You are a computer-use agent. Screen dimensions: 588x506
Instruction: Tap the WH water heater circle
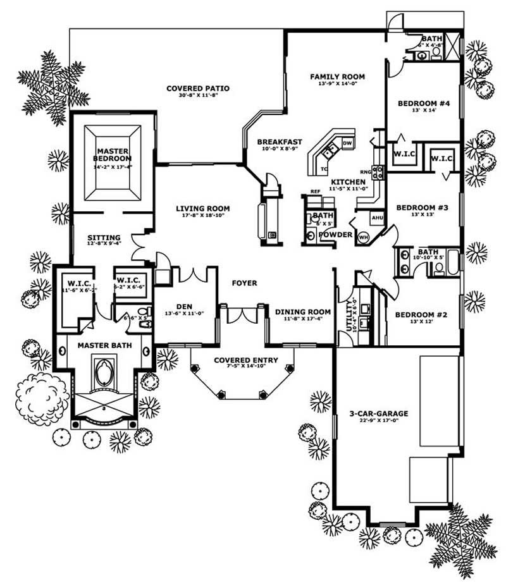pyautogui.click(x=363, y=237)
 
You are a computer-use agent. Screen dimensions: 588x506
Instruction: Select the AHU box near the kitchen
pyautogui.click(x=378, y=218)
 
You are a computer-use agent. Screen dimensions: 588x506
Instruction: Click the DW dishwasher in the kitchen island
pyautogui.click(x=347, y=144)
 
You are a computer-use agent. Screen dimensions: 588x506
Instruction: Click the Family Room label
pyautogui.click(x=337, y=77)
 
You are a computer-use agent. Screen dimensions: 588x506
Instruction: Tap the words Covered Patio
pyautogui.click(x=197, y=89)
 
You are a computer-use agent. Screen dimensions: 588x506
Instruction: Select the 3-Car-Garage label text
pyautogui.click(x=379, y=414)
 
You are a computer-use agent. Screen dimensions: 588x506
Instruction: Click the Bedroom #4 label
pyautogui.click(x=423, y=104)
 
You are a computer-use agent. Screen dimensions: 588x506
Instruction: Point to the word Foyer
pyautogui.click(x=244, y=283)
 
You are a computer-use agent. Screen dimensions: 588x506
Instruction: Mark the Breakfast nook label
pyautogui.click(x=279, y=142)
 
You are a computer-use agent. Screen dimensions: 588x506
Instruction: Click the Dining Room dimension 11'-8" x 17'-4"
pyautogui.click(x=302, y=319)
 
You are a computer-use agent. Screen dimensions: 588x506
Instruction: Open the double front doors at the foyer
pyautogui.click(x=242, y=315)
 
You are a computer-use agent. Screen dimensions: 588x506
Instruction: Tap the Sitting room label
pyautogui.click(x=104, y=238)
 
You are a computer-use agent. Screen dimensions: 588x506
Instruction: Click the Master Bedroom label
pyautogui.click(x=112, y=154)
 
